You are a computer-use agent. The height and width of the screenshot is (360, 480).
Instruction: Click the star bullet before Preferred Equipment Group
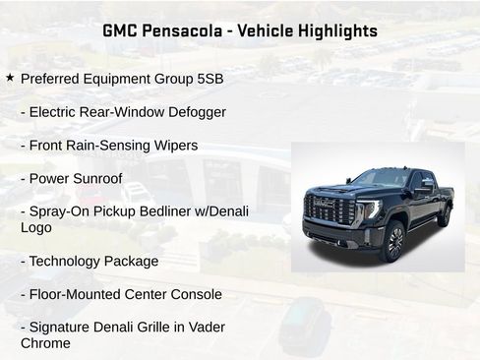[10, 78]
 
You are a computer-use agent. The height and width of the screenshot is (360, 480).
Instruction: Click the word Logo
[36, 227]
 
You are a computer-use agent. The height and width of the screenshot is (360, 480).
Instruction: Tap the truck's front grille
[331, 210]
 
